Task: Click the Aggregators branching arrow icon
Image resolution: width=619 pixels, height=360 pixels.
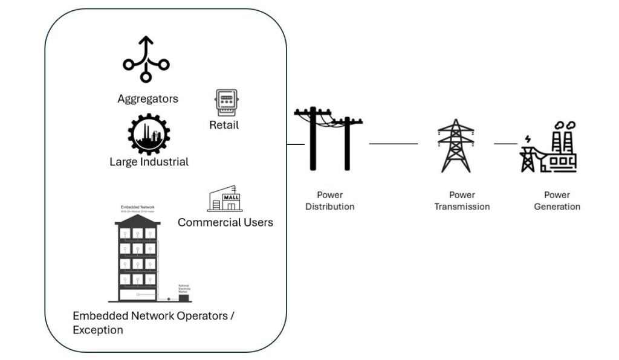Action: click(x=146, y=60)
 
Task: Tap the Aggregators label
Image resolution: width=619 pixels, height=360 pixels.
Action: click(x=147, y=98)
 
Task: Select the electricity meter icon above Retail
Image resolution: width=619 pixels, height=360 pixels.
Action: click(x=226, y=103)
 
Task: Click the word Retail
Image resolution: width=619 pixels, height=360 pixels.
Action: click(x=224, y=125)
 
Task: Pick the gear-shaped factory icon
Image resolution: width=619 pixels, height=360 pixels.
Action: click(x=149, y=135)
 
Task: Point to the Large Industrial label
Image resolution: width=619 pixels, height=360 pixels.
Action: click(x=149, y=162)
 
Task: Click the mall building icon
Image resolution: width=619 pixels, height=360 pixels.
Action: click(x=225, y=198)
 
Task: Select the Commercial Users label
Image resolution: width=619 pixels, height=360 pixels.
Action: click(x=225, y=222)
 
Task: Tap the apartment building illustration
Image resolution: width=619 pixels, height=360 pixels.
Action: click(x=138, y=260)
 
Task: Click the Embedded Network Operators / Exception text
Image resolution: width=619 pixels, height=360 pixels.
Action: click(x=153, y=323)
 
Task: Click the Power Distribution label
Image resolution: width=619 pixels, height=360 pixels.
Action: click(x=329, y=201)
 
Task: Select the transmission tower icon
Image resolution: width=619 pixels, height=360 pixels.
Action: click(x=455, y=145)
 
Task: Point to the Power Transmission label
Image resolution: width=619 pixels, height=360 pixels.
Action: click(x=462, y=201)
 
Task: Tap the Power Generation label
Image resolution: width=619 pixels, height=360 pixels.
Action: click(x=557, y=201)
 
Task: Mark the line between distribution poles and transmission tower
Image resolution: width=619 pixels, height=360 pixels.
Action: click(x=393, y=144)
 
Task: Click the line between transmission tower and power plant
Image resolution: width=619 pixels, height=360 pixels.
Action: click(x=506, y=144)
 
